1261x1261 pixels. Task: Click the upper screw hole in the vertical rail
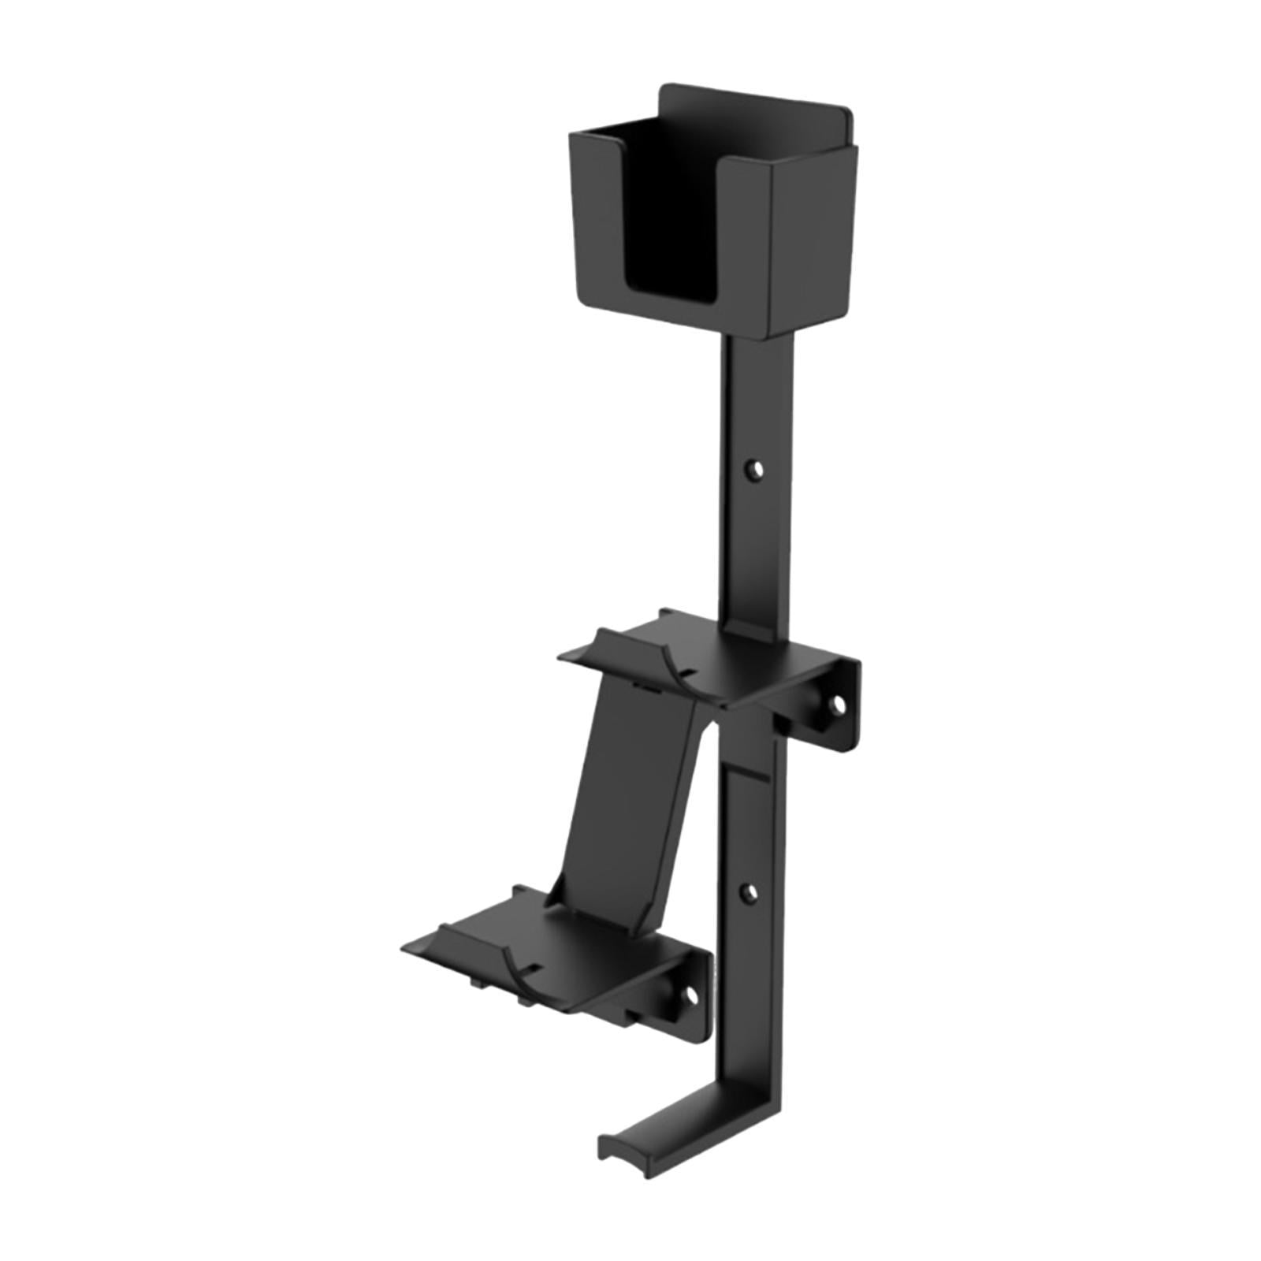pyautogui.click(x=757, y=471)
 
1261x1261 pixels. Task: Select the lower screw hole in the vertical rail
pyautogui.click(x=750, y=891)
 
